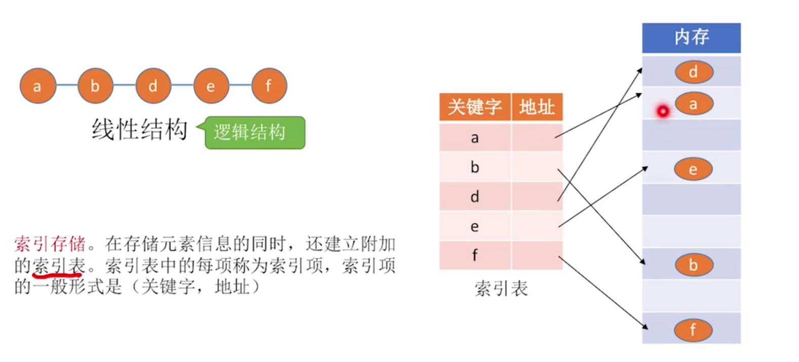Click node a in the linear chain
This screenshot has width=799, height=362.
(x=38, y=86)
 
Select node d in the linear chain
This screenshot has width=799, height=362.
(x=153, y=86)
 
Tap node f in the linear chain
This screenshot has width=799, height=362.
(x=269, y=86)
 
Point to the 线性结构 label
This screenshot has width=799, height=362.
(x=139, y=130)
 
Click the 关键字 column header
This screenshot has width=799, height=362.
(x=475, y=107)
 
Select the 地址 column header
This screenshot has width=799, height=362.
(x=537, y=107)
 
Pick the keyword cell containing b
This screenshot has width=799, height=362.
(x=475, y=167)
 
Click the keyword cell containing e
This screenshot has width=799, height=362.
(x=475, y=226)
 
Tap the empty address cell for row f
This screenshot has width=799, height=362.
(x=537, y=255)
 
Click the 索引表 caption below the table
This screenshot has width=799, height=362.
(x=501, y=288)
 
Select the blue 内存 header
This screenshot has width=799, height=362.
(x=691, y=38)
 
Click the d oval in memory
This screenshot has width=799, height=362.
(x=694, y=72)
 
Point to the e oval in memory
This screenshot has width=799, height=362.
(x=693, y=169)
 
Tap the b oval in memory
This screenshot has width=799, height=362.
(x=694, y=265)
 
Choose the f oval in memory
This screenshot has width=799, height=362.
(x=693, y=330)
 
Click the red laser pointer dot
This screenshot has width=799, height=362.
(x=663, y=111)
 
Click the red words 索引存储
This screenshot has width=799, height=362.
(x=50, y=244)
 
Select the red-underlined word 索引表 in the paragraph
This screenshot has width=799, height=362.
(x=59, y=266)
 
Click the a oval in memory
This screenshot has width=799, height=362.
(x=694, y=104)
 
